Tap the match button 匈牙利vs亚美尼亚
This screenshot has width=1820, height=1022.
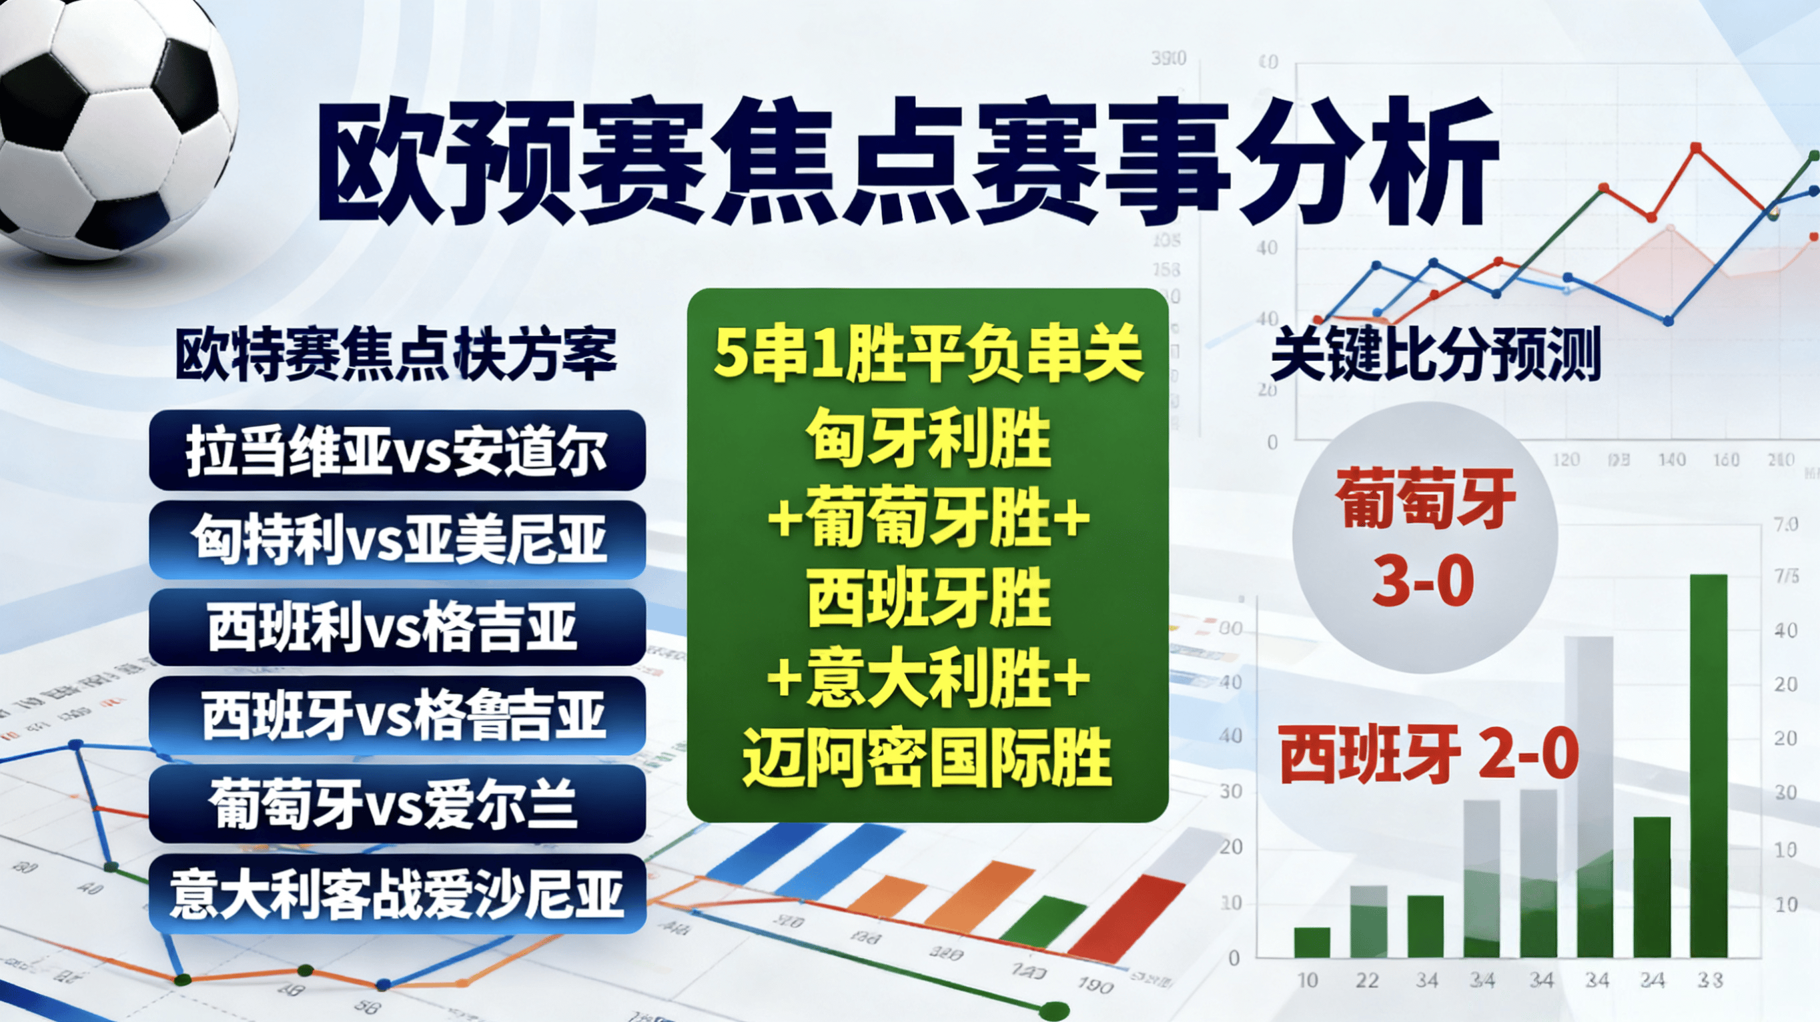click(x=397, y=540)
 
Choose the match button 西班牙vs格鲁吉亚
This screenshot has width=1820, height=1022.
click(x=397, y=716)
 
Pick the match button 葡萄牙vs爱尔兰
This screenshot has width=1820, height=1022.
click(x=397, y=805)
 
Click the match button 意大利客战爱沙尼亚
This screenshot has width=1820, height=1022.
click(x=397, y=894)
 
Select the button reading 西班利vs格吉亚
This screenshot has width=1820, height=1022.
click(x=397, y=628)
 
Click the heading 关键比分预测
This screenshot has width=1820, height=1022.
click(x=1434, y=357)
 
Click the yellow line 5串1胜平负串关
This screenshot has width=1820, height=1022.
click(x=927, y=354)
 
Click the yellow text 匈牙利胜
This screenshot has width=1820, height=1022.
click(x=927, y=440)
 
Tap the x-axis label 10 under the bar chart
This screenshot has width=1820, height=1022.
click(x=1307, y=981)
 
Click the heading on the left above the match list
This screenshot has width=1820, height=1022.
click(x=396, y=356)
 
